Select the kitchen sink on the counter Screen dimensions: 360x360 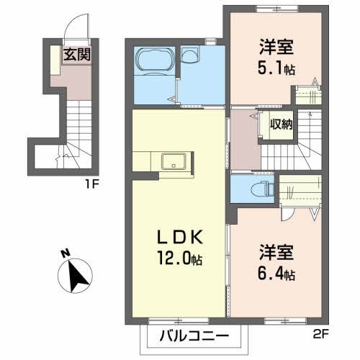(173, 161)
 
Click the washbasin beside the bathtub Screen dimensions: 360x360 (191, 55)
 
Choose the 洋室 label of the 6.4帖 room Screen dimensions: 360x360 (276, 253)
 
